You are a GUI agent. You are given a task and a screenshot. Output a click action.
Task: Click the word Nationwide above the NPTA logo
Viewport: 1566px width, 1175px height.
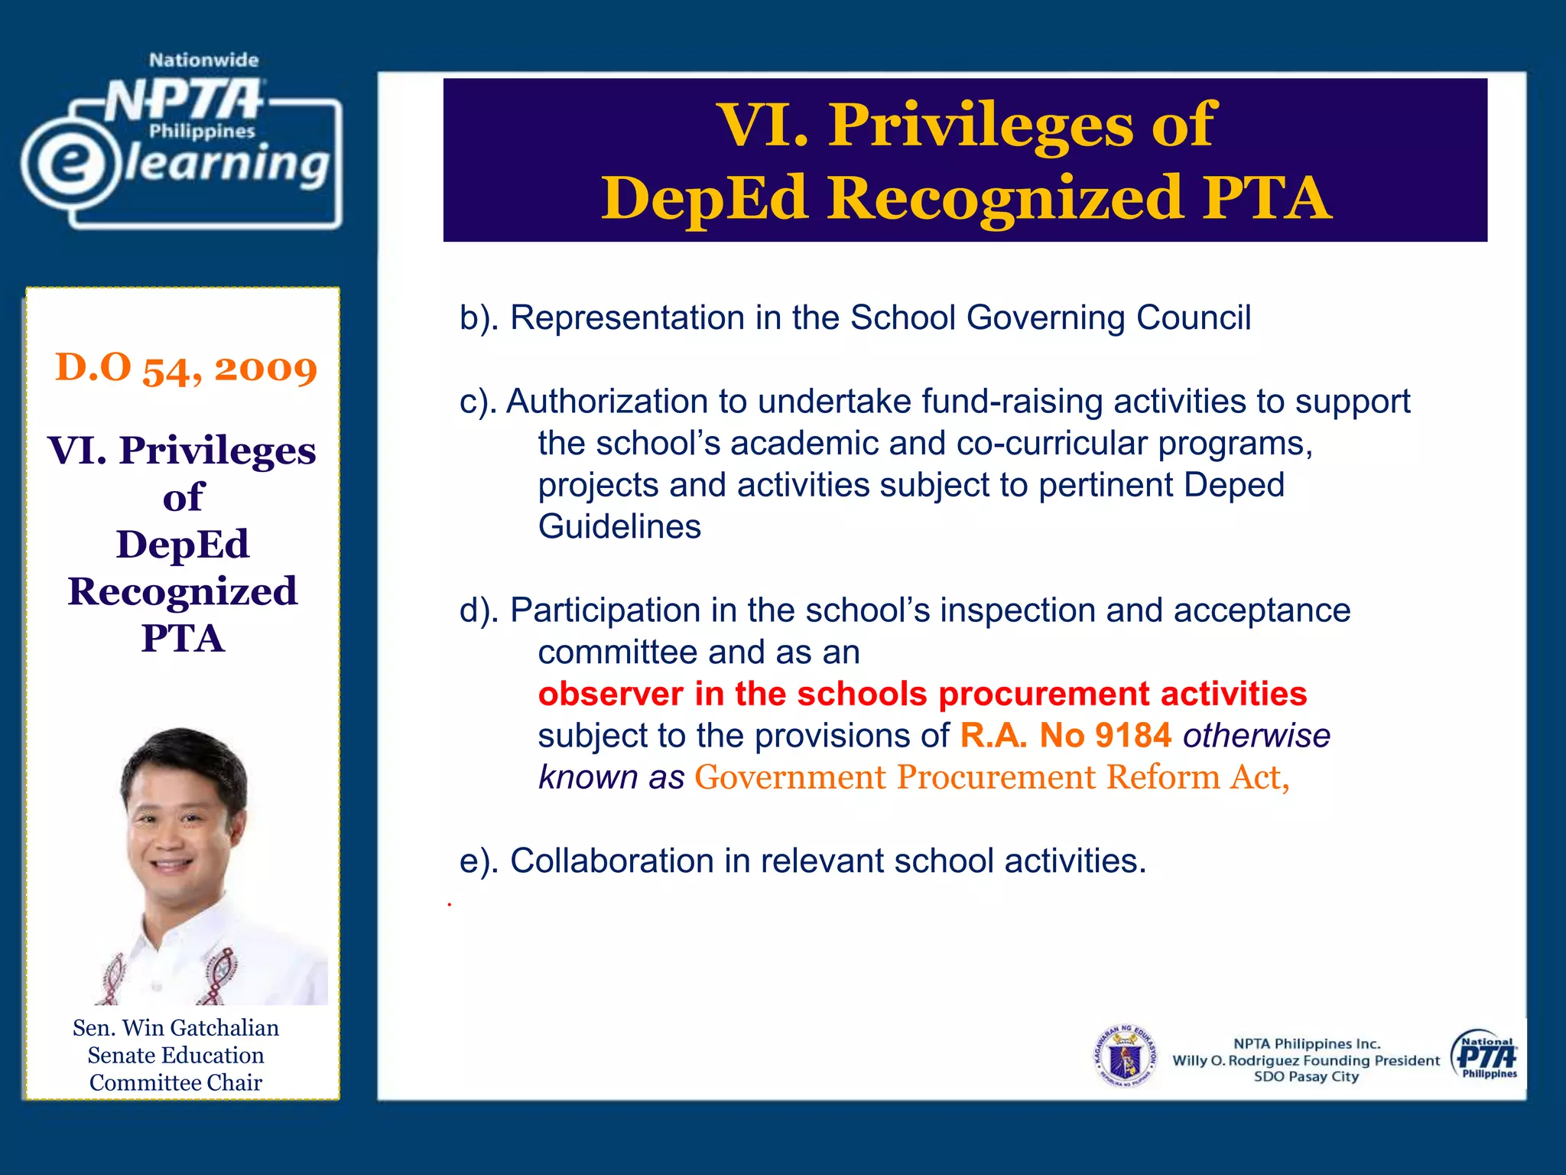pos(203,60)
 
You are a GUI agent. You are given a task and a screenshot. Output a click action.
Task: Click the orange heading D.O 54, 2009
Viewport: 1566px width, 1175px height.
pos(186,368)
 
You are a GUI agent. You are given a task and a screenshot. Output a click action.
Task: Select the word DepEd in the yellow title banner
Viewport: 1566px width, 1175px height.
pos(703,198)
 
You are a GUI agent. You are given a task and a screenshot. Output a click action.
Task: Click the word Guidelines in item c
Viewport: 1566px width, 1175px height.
pos(619,527)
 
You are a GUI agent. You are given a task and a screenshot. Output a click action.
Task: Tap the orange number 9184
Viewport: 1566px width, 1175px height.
pos(1133,736)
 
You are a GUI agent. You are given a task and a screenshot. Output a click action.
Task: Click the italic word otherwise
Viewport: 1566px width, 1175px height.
pos(1256,736)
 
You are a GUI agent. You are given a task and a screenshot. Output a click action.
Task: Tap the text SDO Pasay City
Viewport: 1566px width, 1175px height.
pos(1306,1077)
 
